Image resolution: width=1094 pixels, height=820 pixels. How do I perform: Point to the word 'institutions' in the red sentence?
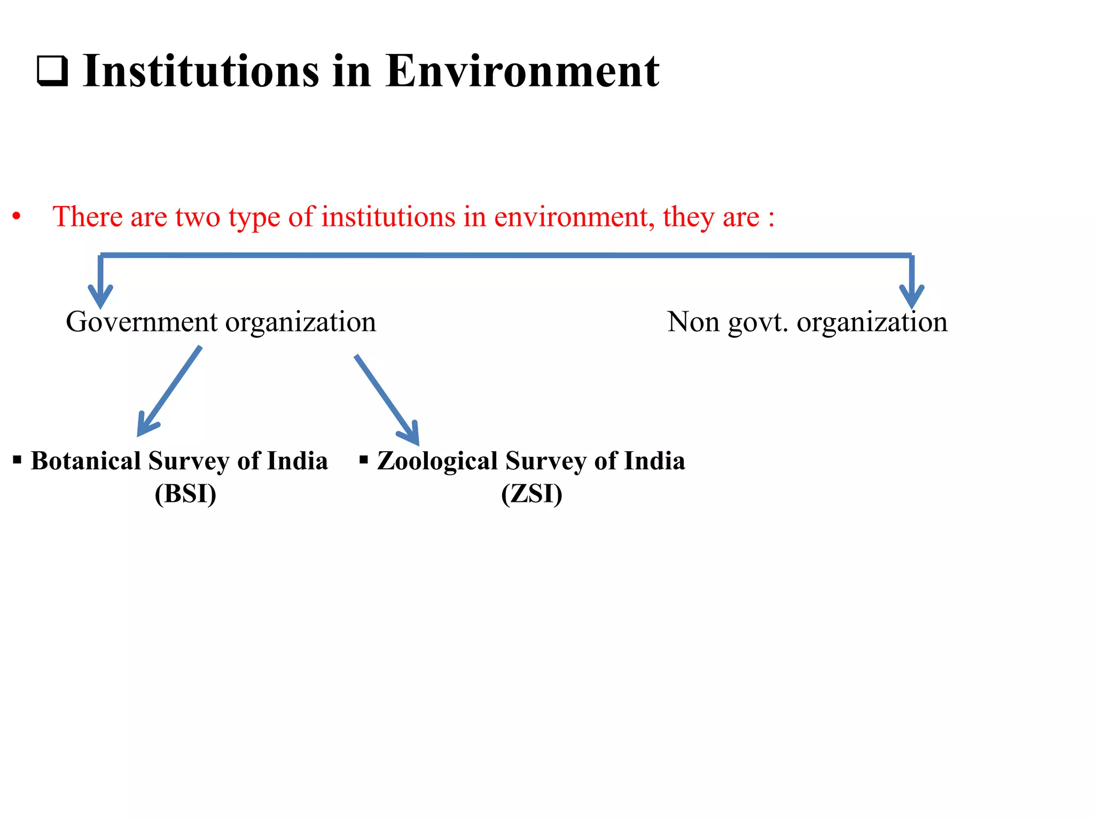coord(388,217)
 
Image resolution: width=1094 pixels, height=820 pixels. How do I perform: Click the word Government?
coord(142,322)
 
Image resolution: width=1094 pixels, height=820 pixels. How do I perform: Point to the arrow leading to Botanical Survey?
coord(169,391)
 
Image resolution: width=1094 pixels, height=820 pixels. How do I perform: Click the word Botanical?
coord(85,461)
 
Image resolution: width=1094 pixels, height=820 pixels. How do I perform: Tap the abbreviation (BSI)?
coord(185,494)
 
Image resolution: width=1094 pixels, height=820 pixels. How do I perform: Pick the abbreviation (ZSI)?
coord(532,494)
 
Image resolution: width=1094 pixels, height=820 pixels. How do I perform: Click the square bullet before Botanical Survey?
coord(17,460)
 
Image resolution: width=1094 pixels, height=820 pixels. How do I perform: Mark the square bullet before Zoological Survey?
coord(364,460)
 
